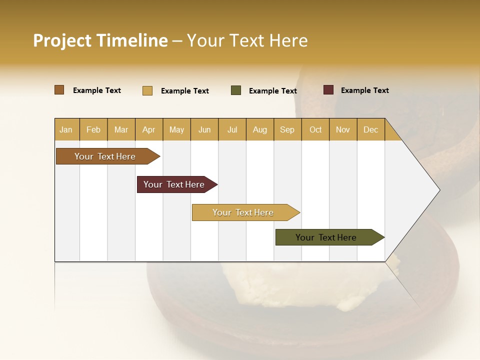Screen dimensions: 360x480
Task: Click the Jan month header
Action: (66, 129)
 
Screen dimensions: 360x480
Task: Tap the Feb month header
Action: (93, 129)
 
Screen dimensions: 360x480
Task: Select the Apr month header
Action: (148, 129)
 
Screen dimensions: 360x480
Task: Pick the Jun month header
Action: (204, 129)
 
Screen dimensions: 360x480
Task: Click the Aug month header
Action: (259, 129)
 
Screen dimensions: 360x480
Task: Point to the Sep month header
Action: (287, 129)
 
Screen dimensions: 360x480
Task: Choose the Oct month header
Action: (315, 129)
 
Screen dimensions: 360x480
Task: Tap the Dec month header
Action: (370, 129)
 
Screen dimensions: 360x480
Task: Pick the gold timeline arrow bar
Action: (243, 212)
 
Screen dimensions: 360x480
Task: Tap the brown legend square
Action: (59, 90)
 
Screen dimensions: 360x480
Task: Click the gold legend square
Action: (147, 90)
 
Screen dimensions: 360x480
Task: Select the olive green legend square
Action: (236, 90)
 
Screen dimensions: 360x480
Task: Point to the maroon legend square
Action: (328, 90)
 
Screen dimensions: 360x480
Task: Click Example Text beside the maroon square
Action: (364, 90)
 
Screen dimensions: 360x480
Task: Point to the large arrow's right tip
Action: (439, 190)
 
